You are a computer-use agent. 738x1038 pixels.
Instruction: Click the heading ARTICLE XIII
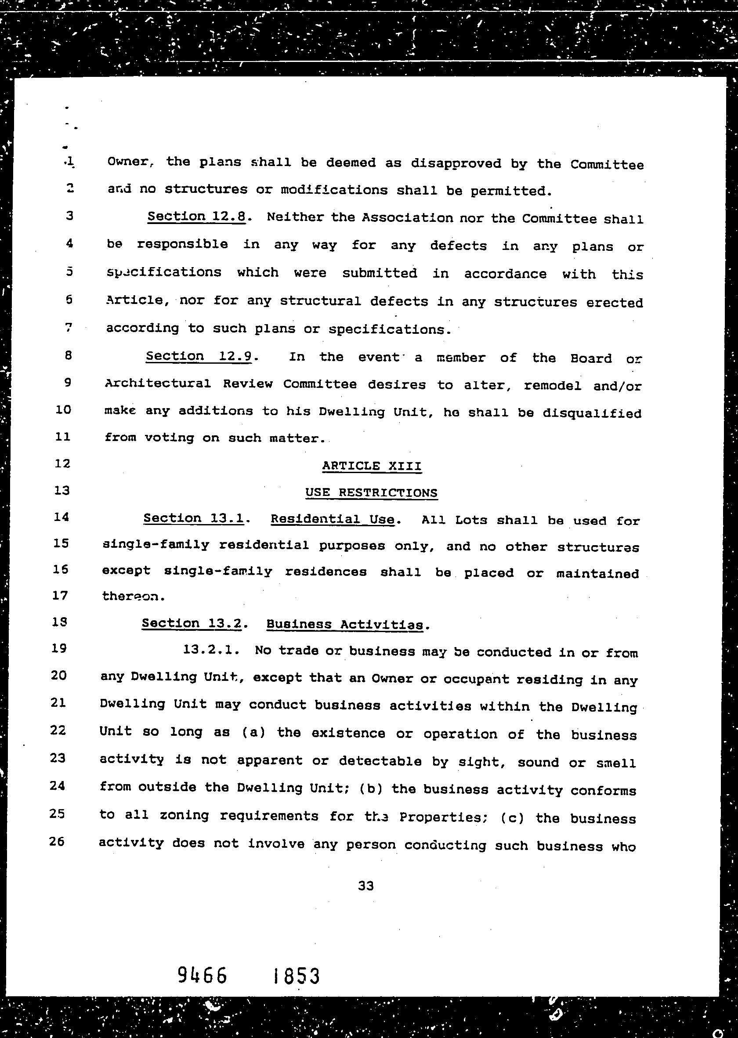[372, 466]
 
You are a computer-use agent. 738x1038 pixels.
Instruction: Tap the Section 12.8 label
[196, 217]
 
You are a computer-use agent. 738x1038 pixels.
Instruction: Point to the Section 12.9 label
[199, 356]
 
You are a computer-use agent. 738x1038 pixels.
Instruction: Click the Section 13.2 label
[192, 623]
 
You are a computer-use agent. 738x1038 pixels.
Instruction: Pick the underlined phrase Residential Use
[333, 520]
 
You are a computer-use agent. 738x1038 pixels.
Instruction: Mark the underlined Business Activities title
[345, 625]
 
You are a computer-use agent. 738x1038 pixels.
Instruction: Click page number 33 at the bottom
[366, 886]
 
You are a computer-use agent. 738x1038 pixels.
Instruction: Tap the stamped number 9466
[202, 975]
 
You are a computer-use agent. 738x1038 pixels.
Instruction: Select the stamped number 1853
[297, 976]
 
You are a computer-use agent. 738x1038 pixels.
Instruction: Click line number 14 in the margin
[61, 517]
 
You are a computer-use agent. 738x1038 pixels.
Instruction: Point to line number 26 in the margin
[57, 842]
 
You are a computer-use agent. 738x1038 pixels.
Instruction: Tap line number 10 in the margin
[63, 409]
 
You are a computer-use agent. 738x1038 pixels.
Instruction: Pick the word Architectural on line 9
[158, 383]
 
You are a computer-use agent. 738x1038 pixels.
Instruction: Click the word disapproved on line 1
[456, 163]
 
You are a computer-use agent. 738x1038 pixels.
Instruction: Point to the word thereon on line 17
[131, 596]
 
